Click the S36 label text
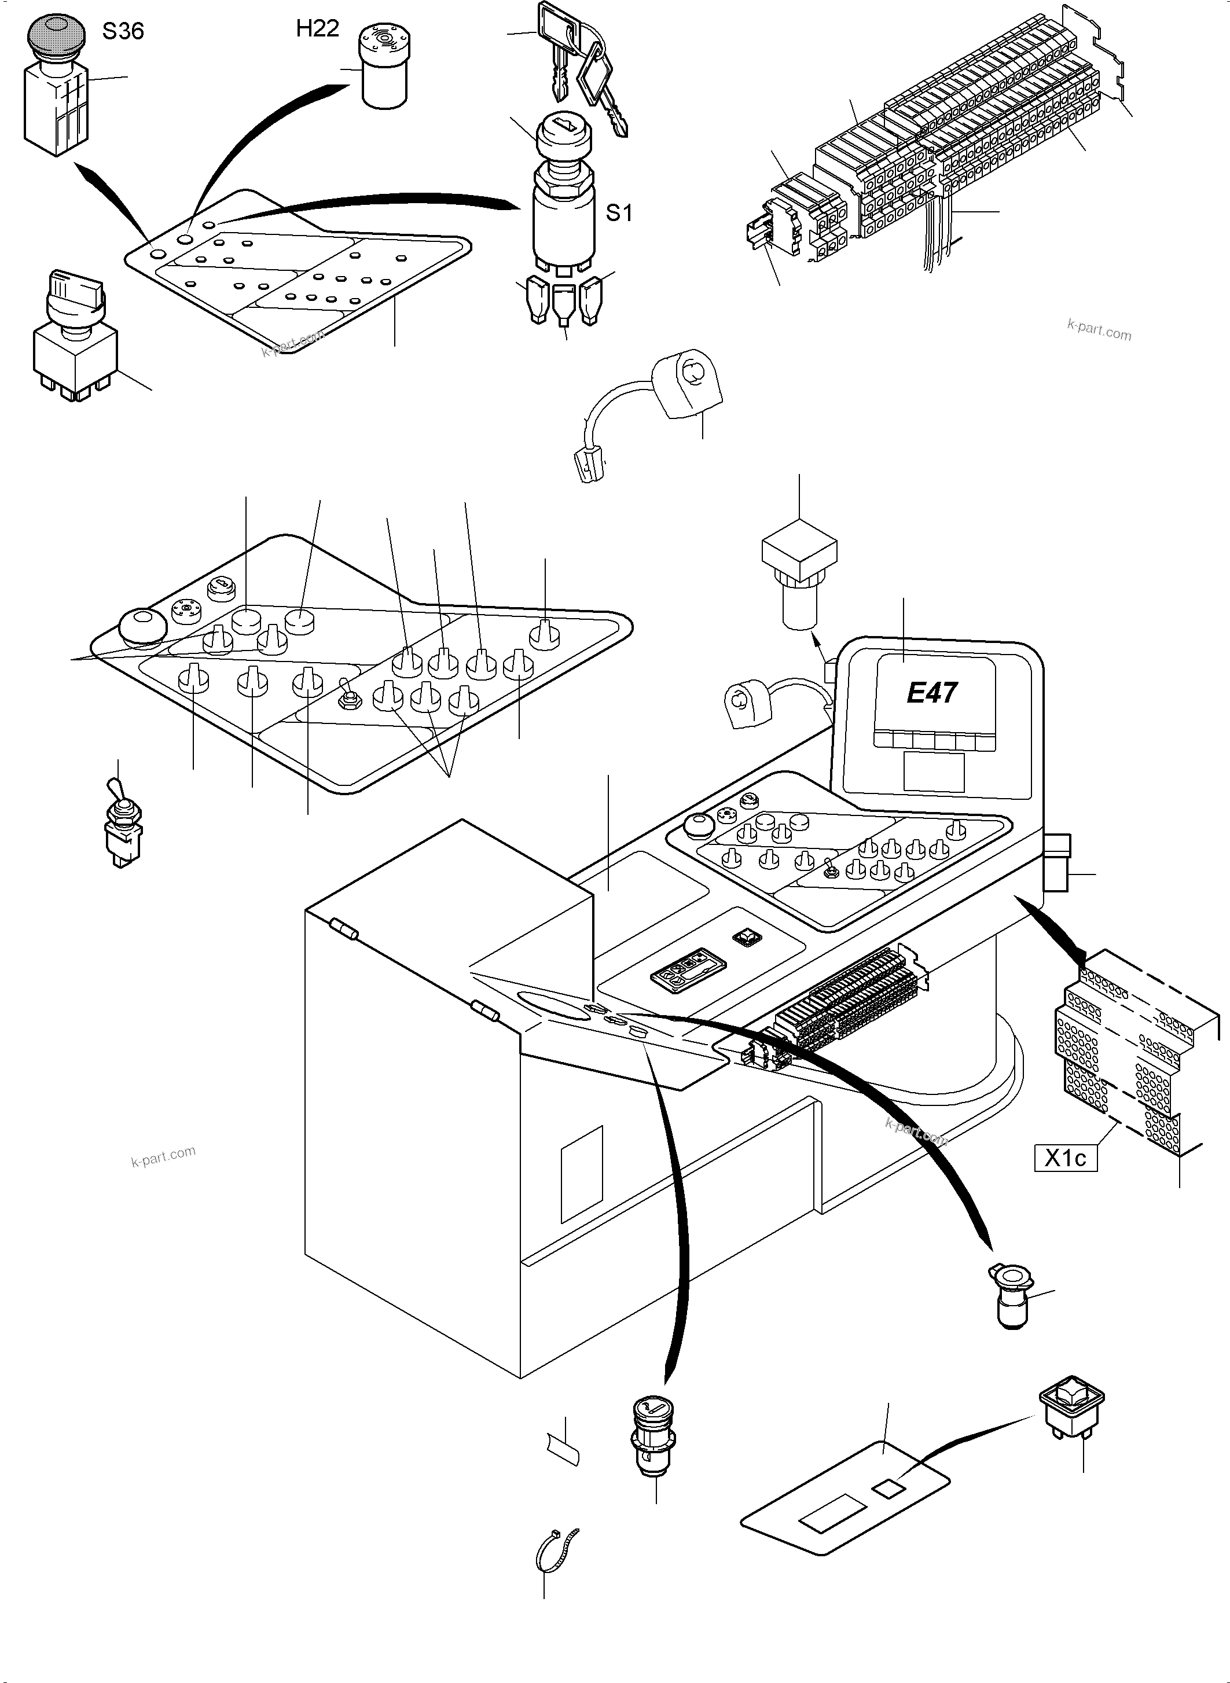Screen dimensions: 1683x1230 (123, 31)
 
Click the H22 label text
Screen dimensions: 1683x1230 (317, 28)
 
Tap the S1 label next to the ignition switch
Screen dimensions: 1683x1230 (619, 213)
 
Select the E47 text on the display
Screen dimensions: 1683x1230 (931, 693)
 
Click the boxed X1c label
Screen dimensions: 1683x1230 (1066, 1158)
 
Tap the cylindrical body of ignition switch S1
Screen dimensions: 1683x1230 (564, 216)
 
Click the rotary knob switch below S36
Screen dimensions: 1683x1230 (75, 335)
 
